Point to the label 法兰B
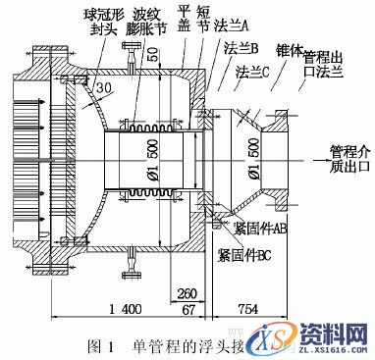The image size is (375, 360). click(241, 48)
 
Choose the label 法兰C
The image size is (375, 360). click(249, 73)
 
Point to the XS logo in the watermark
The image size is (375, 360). click(273, 338)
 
